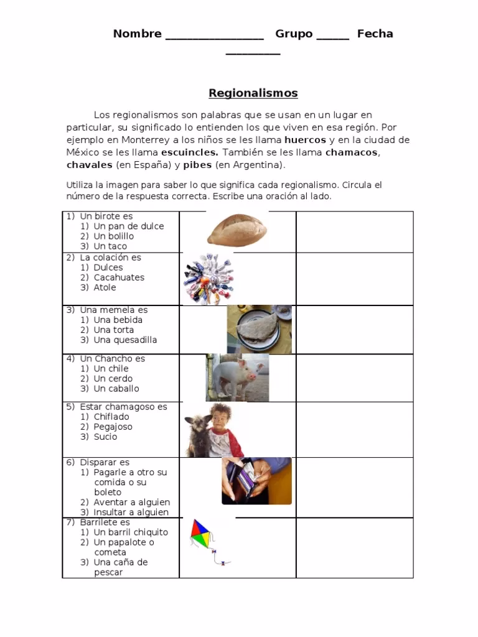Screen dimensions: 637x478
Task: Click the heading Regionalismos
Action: coord(253,93)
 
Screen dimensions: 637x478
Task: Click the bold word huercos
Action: coord(305,140)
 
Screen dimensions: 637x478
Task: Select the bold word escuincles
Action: coord(189,152)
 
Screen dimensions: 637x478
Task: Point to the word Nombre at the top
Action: coord(137,34)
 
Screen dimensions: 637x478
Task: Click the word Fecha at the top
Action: coord(375,34)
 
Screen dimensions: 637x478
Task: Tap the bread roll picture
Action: coord(237,230)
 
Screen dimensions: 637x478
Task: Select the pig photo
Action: coord(237,378)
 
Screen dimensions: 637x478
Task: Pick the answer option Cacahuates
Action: coord(119,277)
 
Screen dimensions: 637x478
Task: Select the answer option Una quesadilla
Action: coord(125,340)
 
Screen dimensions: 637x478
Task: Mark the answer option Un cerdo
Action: coord(113,378)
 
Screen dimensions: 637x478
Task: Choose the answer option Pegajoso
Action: coord(113,427)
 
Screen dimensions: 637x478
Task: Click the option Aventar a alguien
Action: coord(131,502)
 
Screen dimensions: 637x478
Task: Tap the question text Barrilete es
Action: coord(105,523)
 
